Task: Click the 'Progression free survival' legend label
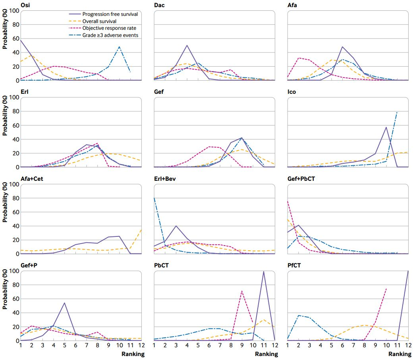[110, 14]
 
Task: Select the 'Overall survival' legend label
[99, 21]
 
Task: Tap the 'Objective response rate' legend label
[109, 28]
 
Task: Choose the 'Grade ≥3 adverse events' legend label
[110, 35]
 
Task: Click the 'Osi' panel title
[25, 5]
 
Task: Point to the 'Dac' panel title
[159, 5]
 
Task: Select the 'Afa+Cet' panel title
[32, 178]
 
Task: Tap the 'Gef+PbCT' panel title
[301, 178]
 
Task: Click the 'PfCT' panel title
[294, 265]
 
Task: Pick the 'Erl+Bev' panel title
[165, 178]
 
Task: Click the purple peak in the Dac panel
[187, 45]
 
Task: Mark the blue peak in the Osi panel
[120, 46]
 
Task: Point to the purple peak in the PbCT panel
[264, 271]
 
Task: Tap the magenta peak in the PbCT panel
[241, 291]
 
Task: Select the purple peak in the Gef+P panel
[64, 303]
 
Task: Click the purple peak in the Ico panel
[386, 128]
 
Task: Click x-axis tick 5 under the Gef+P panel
[65, 345]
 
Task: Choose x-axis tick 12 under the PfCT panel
[408, 345]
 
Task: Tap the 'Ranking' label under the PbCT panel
[266, 354]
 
